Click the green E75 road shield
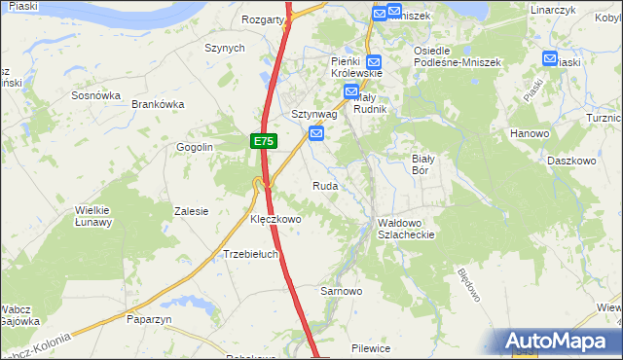click(263, 142)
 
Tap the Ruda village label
click(325, 185)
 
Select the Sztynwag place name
click(314, 114)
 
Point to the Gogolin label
click(194, 147)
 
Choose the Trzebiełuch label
click(251, 255)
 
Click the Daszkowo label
click(571, 160)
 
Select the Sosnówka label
click(95, 96)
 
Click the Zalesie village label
click(191, 211)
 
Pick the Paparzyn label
click(149, 318)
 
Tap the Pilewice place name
click(371, 347)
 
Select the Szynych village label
click(224, 48)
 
